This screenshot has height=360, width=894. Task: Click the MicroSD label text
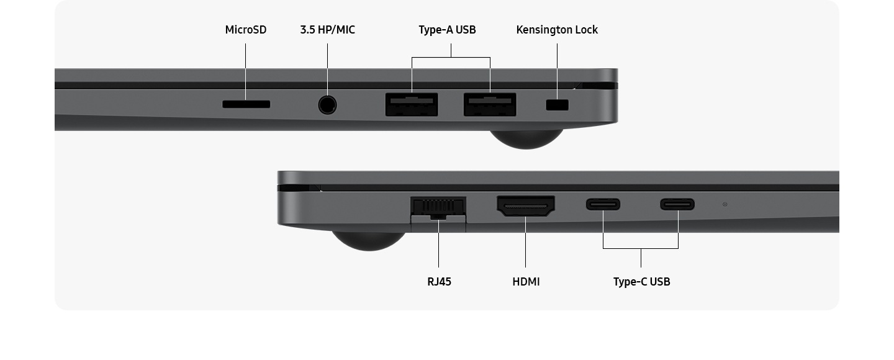point(246,30)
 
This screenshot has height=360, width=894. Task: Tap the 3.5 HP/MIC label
point(327,30)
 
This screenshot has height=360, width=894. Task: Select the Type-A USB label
point(447,30)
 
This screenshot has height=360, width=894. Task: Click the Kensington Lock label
point(557,30)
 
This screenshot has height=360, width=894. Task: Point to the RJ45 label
point(439,282)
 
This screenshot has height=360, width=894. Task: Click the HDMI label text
point(526,282)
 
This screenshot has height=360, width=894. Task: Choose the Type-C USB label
point(641,282)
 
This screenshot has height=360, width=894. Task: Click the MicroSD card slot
point(246,104)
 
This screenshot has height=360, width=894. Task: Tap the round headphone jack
point(327,104)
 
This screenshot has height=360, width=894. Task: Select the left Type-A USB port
point(412,104)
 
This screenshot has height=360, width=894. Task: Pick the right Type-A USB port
point(490,104)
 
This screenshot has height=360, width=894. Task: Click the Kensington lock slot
point(557,105)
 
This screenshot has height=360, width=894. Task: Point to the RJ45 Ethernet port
point(438,207)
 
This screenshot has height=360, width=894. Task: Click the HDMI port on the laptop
point(526,206)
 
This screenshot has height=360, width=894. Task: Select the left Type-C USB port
point(603,204)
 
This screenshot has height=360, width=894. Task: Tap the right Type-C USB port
point(677,204)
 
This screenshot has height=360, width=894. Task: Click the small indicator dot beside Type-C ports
point(725,204)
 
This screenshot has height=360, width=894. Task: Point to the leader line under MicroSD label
point(245,68)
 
